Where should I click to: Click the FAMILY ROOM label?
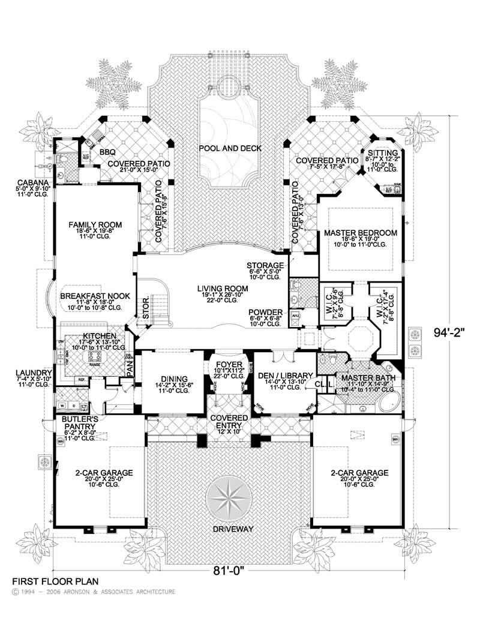pyautogui.click(x=95, y=224)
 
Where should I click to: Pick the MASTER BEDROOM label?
pyautogui.click(x=360, y=232)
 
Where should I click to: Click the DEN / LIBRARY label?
pyautogui.click(x=283, y=376)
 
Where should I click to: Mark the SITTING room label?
pyautogui.click(x=382, y=153)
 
